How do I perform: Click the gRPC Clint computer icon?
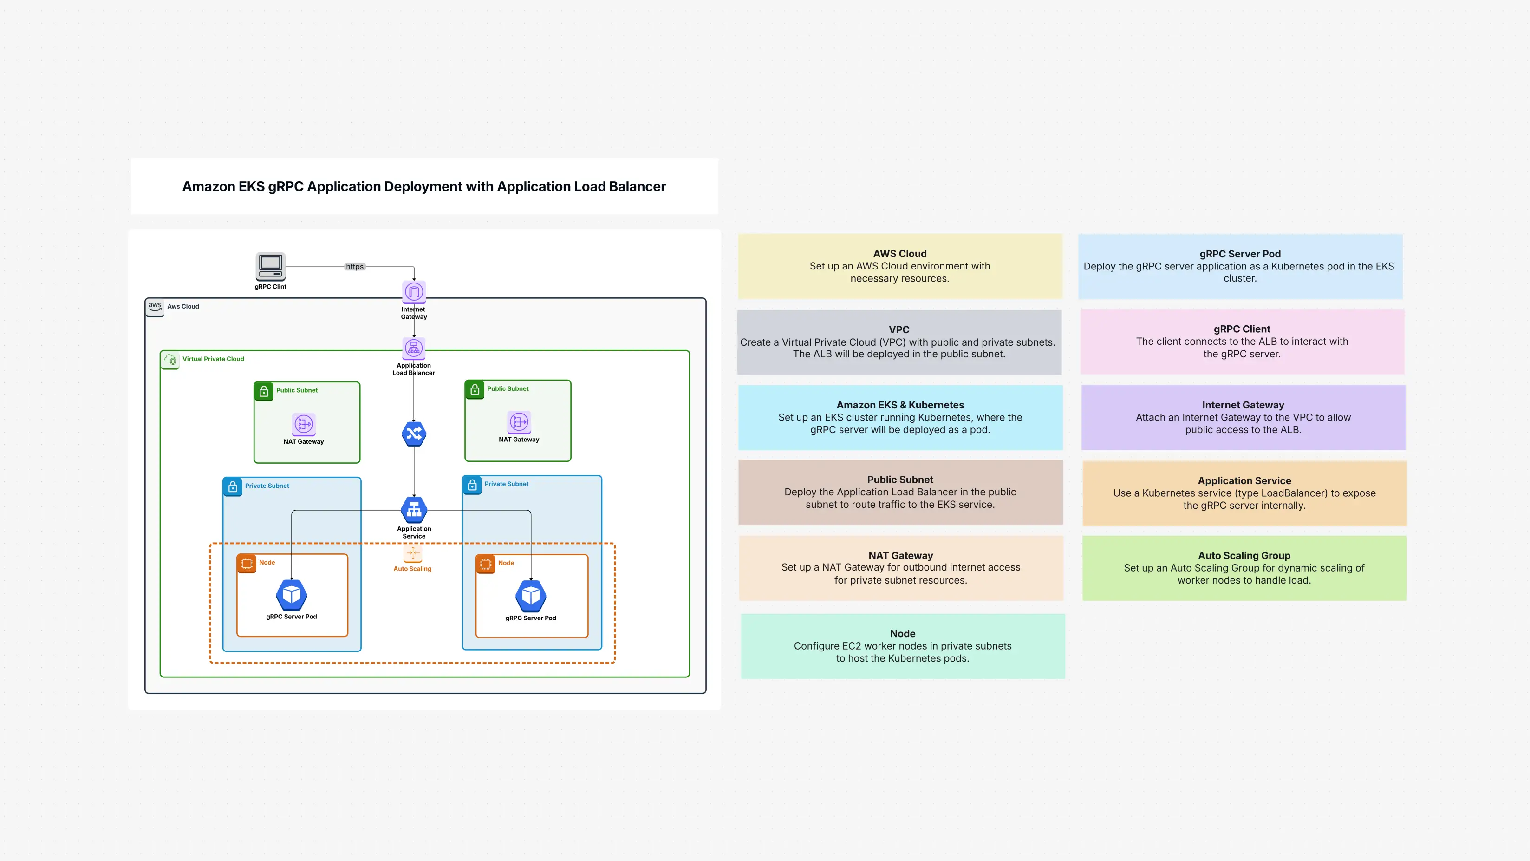click(x=270, y=266)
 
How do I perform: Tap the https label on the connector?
click(x=355, y=267)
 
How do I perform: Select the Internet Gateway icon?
click(x=414, y=292)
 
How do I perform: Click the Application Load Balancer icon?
click(x=414, y=348)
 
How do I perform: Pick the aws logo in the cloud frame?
click(x=155, y=307)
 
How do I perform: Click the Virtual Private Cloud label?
click(x=213, y=359)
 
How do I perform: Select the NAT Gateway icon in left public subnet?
click(x=304, y=424)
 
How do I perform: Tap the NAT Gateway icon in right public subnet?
click(x=519, y=422)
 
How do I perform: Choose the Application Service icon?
click(x=414, y=509)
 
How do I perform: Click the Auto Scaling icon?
click(x=413, y=553)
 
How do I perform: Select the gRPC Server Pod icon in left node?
click(x=292, y=595)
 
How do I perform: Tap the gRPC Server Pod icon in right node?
click(x=530, y=595)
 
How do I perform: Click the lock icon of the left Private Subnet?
click(x=233, y=486)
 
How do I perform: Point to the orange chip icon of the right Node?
click(x=485, y=563)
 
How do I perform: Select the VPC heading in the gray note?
click(x=898, y=329)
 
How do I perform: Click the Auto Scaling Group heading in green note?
click(x=1244, y=556)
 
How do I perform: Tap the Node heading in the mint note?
click(x=902, y=633)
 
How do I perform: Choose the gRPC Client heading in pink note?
click(x=1241, y=329)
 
